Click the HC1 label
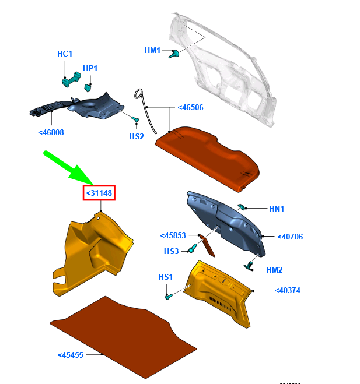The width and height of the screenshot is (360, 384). [x=65, y=54]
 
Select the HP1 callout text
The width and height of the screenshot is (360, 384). [x=90, y=68]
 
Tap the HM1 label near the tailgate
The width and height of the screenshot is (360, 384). [x=152, y=50]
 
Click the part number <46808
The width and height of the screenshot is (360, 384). [x=51, y=132]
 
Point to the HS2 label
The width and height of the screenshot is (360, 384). [x=137, y=136]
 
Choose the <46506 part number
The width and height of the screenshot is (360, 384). [x=191, y=107]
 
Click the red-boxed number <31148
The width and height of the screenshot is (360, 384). [x=99, y=193]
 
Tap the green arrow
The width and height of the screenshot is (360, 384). [x=69, y=168]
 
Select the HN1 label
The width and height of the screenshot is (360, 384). [x=277, y=209]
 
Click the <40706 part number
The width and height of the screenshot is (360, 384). [x=290, y=237]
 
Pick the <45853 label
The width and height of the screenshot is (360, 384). [x=173, y=235]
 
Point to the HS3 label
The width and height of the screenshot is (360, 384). [x=171, y=251]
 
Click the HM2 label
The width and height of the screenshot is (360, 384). [x=274, y=270]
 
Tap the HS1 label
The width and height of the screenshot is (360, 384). [x=166, y=277]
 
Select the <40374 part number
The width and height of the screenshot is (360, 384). [x=288, y=290]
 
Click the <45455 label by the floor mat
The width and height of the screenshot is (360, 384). [x=71, y=355]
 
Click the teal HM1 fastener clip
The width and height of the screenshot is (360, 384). [x=174, y=54]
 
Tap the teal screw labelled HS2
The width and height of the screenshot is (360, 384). [x=135, y=119]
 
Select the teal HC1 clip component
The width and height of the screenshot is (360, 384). [x=71, y=79]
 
